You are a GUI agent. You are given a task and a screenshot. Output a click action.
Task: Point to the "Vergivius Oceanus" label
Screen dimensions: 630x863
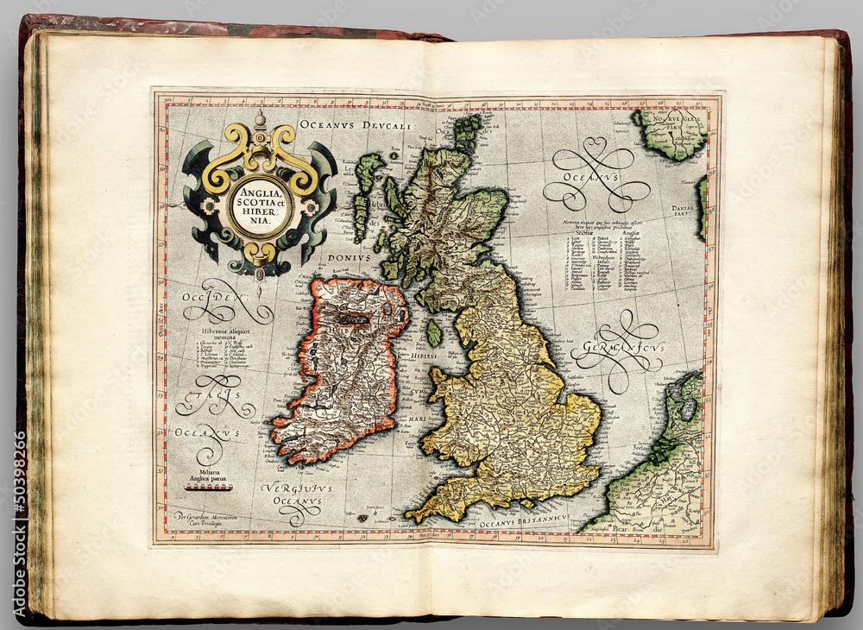coord(296,495)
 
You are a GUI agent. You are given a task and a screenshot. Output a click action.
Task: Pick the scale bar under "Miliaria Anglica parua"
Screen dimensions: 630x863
coord(207,488)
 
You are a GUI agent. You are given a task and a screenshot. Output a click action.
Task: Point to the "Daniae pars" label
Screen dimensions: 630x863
coord(687,211)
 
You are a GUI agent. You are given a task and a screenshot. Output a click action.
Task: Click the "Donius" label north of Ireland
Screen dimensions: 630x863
coord(349,258)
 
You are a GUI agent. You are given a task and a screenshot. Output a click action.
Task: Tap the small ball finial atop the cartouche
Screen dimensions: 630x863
coord(260,119)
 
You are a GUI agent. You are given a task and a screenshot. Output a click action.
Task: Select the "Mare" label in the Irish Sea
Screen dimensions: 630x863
coord(417,416)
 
